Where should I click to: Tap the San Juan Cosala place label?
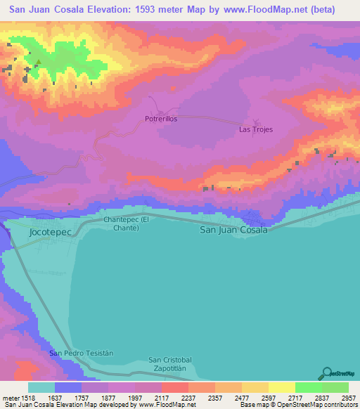point(234,230)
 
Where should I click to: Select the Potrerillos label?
point(161,119)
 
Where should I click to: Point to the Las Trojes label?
point(256,129)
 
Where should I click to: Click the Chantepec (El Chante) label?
point(127,223)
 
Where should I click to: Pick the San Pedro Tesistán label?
point(82,352)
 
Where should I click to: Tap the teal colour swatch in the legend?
point(41,387)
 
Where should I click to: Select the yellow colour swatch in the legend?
point(281,387)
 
